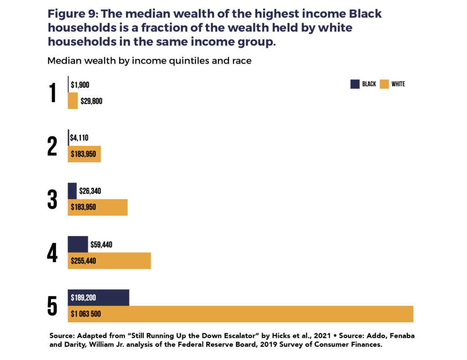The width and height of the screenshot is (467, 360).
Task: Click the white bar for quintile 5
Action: pos(274,314)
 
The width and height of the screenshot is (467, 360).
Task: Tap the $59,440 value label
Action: pos(101,245)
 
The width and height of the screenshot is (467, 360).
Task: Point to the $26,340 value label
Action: pos(90,191)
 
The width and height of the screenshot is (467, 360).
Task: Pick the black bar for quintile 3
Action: pos(72,191)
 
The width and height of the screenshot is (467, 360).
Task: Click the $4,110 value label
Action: pos(79,138)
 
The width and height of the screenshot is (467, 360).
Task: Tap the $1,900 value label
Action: pos(80,84)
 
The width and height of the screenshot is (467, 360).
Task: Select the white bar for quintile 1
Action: pos(73,101)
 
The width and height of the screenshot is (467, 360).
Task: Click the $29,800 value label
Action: pos(91,101)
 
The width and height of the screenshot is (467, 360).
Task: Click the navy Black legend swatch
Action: pos(355,84)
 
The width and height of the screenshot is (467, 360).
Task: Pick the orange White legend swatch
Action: pos(384,84)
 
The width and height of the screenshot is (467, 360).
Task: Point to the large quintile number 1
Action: pos(53,93)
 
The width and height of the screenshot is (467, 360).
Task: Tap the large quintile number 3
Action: pos(52,200)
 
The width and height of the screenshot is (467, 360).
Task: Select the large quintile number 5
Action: pos(52,306)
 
